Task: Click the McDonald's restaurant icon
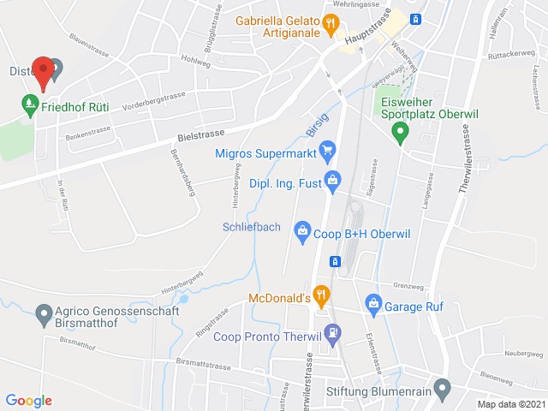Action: coord(321,297)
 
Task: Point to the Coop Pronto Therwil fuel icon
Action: coord(333,331)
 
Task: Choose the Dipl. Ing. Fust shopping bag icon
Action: coord(333,180)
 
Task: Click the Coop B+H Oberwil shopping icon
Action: coord(301,229)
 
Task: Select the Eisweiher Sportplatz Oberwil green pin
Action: coord(399,132)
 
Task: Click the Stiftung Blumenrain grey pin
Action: coord(442,390)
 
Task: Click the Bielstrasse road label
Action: coord(199,133)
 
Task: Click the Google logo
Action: coord(28,400)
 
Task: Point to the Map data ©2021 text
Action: coord(510,404)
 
